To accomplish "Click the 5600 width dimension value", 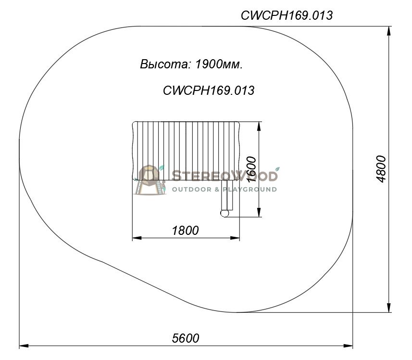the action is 186,338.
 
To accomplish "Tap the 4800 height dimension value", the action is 381,169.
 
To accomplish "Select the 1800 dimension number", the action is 185,231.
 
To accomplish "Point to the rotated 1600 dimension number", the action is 251,169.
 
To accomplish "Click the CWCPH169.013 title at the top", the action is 287,15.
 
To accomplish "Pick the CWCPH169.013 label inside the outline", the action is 209,90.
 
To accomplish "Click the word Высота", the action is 164,64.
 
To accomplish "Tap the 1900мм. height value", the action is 219,64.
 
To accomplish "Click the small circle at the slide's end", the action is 225,213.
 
